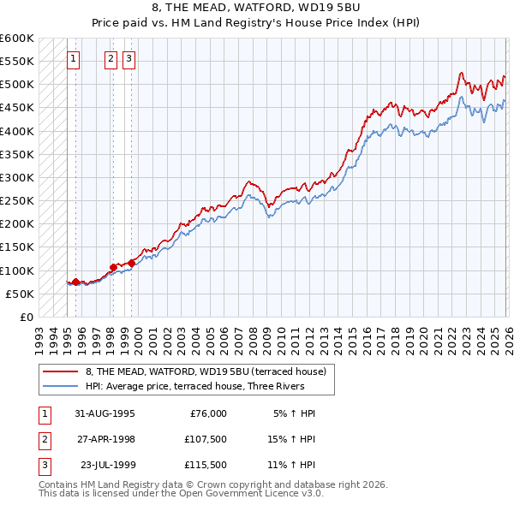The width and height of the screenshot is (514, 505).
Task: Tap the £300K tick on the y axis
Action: tap(17, 177)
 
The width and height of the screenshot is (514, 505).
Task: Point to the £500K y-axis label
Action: tap(17, 84)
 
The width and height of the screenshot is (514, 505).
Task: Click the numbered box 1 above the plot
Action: tap(75, 59)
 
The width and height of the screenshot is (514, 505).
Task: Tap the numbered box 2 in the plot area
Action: tap(112, 59)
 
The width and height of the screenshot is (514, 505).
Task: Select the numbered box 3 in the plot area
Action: tap(129, 59)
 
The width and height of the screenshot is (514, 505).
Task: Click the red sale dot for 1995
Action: tap(75, 282)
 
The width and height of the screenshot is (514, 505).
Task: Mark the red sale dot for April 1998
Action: tap(113, 267)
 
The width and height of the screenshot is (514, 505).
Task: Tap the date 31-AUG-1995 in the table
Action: tap(104, 413)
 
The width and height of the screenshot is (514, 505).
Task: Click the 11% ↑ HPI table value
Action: tap(292, 465)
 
